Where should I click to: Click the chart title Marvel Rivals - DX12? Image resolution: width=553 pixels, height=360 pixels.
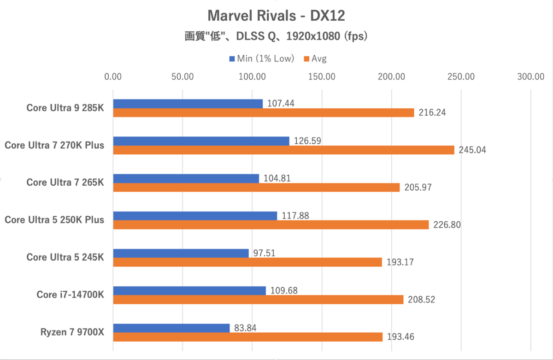click(276, 16)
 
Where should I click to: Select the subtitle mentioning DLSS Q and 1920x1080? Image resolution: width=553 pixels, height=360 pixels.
click(276, 37)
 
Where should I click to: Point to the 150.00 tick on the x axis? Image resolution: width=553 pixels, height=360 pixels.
click(322, 77)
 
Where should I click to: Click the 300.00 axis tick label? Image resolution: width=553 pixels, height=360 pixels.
click(531, 77)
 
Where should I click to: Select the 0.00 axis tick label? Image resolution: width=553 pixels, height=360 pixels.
click(113, 77)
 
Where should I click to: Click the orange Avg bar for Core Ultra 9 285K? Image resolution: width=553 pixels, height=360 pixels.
click(264, 112)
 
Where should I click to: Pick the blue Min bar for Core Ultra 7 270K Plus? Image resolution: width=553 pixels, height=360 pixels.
click(201, 141)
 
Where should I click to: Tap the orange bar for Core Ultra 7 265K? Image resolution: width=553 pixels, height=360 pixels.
click(256, 187)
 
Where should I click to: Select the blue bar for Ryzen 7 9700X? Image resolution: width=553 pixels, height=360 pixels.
click(171, 328)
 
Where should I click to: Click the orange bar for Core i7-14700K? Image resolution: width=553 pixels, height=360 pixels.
click(258, 300)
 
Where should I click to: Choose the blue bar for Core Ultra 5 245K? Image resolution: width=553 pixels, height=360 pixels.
click(181, 253)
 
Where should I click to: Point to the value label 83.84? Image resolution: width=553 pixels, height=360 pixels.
click(244, 328)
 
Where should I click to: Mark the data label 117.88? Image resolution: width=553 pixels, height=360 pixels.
click(294, 215)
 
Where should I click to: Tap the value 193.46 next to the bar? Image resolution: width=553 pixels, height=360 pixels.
click(400, 337)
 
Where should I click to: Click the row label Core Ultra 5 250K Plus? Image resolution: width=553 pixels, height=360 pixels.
click(54, 220)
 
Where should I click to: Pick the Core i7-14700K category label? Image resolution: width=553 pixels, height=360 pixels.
click(71, 295)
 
